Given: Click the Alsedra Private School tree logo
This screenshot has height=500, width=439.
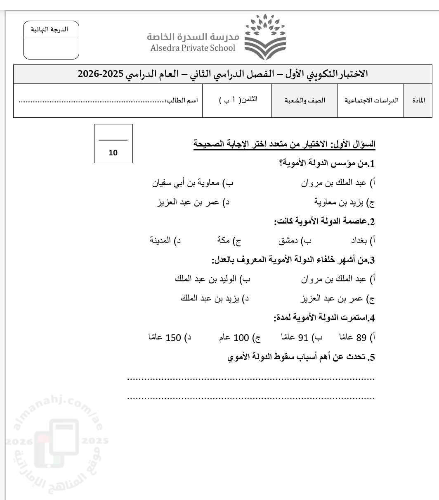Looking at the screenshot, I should point(265,37).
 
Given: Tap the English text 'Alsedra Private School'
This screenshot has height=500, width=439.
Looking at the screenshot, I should point(193,48).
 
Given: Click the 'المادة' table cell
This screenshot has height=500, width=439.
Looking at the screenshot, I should point(418,101).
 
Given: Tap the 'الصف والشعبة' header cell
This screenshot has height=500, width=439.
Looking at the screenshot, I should point(304,101).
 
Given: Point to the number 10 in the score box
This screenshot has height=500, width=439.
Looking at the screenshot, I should point(113,153).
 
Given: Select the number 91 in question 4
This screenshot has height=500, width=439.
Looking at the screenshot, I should point(303,338).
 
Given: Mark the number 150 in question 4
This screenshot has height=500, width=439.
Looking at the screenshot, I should point(173,338).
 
